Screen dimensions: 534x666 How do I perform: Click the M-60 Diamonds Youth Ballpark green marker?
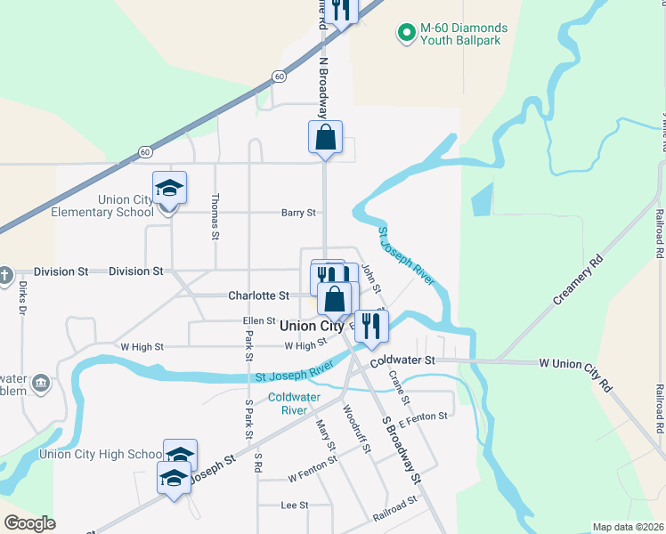pos(407,34)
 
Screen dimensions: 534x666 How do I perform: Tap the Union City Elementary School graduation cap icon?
pos(169,189)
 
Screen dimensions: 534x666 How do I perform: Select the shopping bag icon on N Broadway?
pos(325,137)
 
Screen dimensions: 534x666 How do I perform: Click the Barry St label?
pos(299,213)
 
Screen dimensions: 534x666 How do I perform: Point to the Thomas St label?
pos(215,218)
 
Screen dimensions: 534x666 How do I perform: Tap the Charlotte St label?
pos(258,295)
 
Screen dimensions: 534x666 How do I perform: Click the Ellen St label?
pos(259,320)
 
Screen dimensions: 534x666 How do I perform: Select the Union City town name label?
pos(312,327)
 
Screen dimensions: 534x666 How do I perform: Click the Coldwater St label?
pos(402,360)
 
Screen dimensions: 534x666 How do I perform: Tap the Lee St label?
pos(294,505)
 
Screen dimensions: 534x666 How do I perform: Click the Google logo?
pos(30,522)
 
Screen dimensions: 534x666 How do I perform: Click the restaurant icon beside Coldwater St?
pos(371,325)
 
